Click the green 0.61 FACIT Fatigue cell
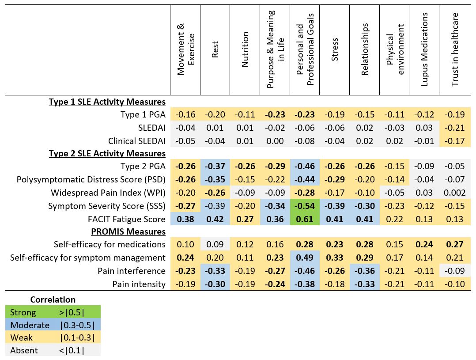305,219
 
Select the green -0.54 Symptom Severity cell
305,206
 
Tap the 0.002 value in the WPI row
455,193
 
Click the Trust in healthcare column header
455,49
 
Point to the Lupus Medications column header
424,49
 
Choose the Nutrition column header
245,49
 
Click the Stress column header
335,49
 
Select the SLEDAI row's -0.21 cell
455,128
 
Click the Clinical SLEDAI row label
136,141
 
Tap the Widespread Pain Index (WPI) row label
108,193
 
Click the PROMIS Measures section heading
128,231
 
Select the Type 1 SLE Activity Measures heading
107,102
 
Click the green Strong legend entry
53,312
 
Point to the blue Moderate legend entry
53,325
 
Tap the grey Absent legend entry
53,350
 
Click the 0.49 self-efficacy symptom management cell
305,258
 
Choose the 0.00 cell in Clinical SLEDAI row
275,141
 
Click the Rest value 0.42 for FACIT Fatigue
215,219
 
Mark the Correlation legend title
53,299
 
